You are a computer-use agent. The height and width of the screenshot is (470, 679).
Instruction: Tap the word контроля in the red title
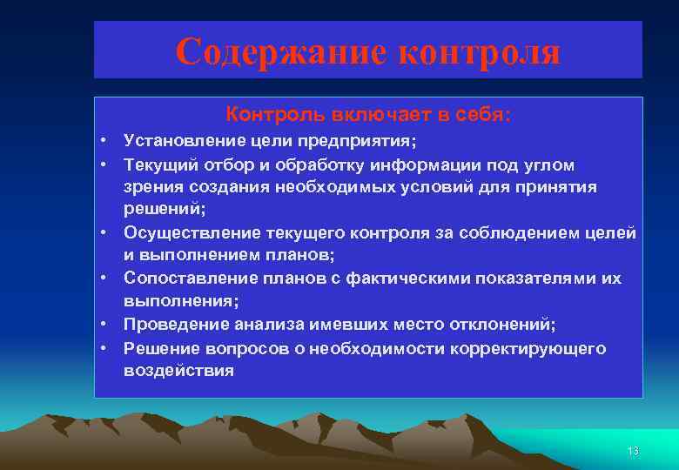click(x=479, y=52)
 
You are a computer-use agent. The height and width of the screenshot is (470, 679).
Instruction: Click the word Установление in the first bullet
click(x=178, y=141)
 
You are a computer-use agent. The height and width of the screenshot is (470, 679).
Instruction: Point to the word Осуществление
click(x=179, y=233)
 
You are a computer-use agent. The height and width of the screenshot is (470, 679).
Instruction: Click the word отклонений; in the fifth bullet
click(x=507, y=325)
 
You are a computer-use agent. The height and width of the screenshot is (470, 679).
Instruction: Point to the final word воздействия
click(x=178, y=371)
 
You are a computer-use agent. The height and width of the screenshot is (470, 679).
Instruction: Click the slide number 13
click(x=633, y=451)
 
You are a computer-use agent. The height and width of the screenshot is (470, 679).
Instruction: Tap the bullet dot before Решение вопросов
click(x=103, y=348)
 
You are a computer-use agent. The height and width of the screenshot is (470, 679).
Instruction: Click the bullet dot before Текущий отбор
click(x=103, y=164)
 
